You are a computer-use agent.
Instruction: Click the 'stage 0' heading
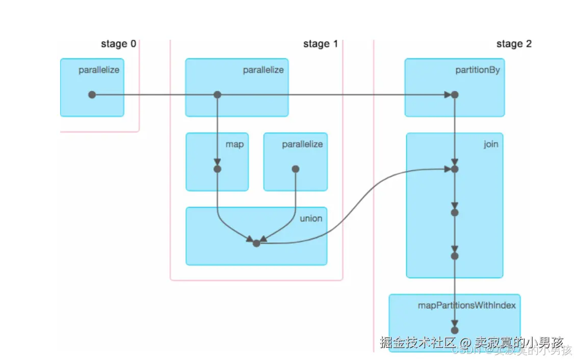[x=118, y=44]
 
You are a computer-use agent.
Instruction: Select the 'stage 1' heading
[x=320, y=44]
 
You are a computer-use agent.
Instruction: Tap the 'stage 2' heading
[x=514, y=44]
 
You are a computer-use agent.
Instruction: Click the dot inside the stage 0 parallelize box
[x=92, y=95]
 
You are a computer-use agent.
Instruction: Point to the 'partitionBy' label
[x=477, y=70]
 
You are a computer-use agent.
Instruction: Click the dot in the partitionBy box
[x=455, y=95]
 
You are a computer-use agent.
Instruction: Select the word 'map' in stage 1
[x=234, y=144]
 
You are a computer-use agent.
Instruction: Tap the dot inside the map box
[x=217, y=169]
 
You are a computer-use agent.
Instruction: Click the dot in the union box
[x=256, y=243]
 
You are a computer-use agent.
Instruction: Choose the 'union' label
[x=311, y=218]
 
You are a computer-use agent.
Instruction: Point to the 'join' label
[x=490, y=144]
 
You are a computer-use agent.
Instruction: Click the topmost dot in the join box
[x=455, y=169]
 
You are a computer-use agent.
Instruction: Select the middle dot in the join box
[x=455, y=212]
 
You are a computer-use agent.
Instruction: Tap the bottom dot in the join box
[x=455, y=256]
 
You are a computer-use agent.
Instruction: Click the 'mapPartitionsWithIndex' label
[x=466, y=305]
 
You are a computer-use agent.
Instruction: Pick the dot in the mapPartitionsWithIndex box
[x=455, y=330]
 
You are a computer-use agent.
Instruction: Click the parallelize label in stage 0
[x=99, y=70]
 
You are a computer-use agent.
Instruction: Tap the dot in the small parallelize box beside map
[x=295, y=169]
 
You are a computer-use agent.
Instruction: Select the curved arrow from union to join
[x=357, y=204]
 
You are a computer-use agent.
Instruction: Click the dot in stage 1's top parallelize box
[x=217, y=95]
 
